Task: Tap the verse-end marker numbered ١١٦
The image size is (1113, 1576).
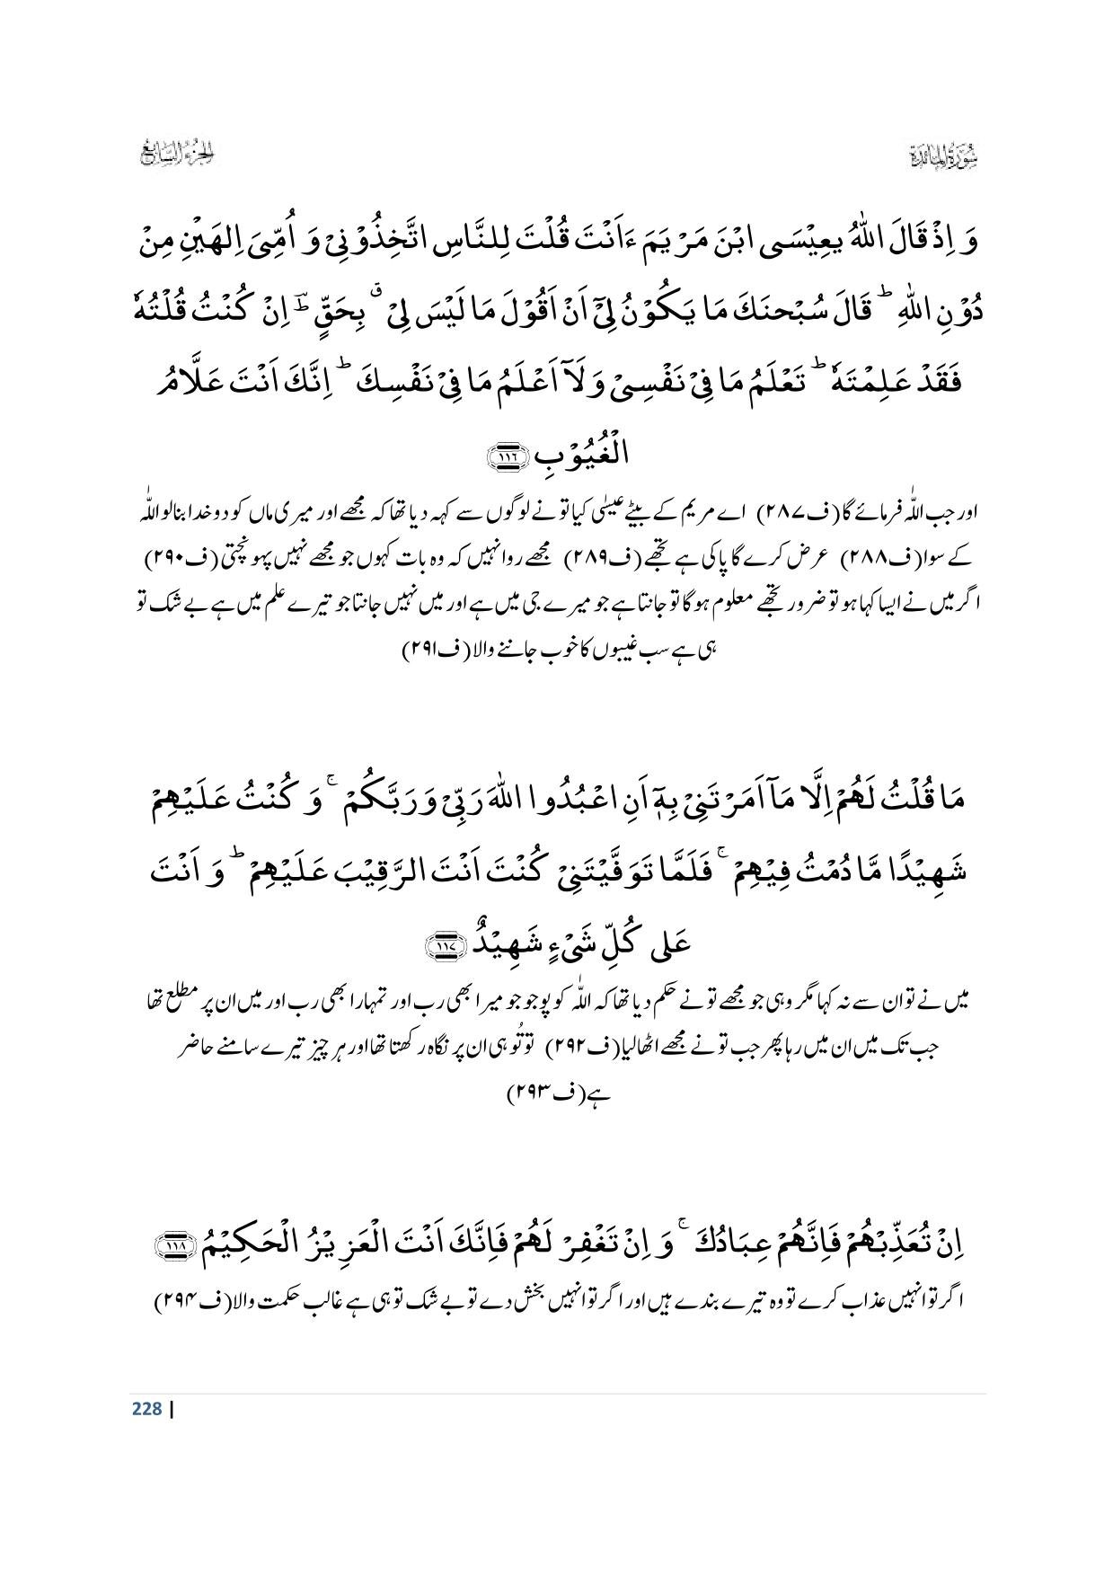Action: (x=503, y=459)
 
